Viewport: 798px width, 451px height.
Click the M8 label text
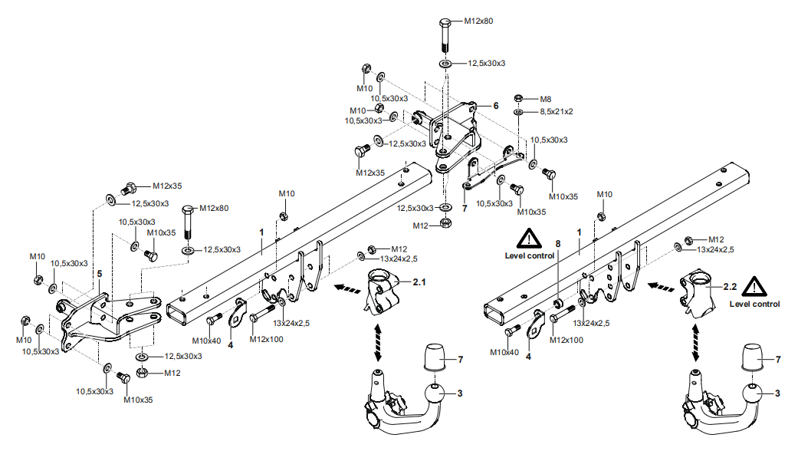546,99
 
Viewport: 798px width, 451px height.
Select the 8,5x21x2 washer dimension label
557,111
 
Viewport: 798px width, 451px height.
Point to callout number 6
496,106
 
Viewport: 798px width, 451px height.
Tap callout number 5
99,272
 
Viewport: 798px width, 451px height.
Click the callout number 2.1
419,282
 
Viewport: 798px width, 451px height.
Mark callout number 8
558,243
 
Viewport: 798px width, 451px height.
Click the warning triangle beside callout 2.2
757,288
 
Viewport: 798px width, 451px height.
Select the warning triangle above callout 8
529,239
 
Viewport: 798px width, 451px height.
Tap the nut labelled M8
519,99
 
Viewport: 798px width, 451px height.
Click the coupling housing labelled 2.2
697,295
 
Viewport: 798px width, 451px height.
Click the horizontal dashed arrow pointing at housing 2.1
346,289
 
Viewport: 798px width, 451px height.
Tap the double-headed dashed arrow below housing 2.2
695,342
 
